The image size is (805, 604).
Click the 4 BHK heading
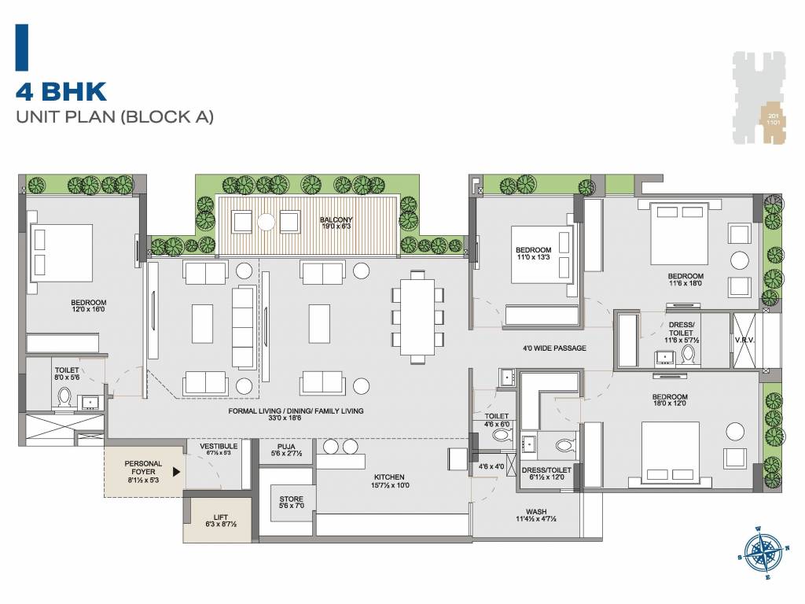pyautogui.click(x=61, y=91)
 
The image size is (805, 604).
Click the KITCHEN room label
pyautogui.click(x=389, y=481)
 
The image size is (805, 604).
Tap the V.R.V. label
pyautogui.click(x=746, y=340)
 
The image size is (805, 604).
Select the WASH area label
pyautogui.click(x=537, y=516)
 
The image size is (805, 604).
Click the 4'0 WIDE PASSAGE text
pyautogui.click(x=554, y=348)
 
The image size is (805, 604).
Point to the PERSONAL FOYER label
pyautogui.click(x=143, y=469)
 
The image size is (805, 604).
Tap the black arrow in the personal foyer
pyautogui.click(x=177, y=472)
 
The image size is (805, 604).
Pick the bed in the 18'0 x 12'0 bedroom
pyautogui.click(x=671, y=451)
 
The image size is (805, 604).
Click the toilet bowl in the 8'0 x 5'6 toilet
pyautogui.click(x=65, y=400)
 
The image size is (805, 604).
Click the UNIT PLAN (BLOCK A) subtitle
pyautogui.click(x=115, y=118)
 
